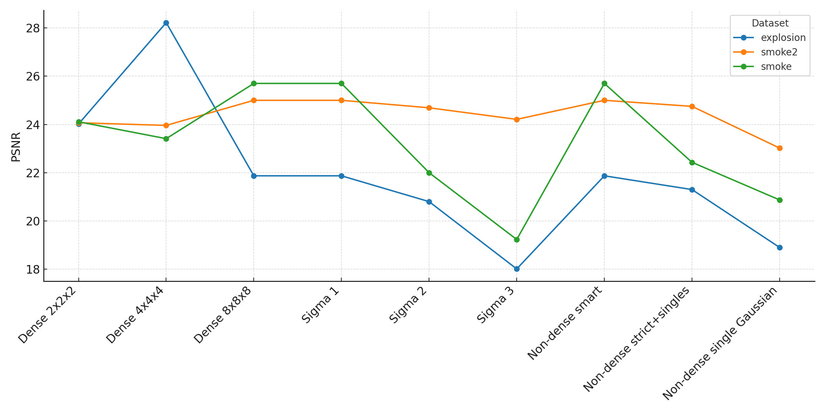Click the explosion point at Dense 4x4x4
(166, 23)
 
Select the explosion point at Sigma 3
(517, 269)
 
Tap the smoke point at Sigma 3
(517, 240)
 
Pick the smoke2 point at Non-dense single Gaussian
(780, 148)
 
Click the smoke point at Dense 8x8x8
(254, 83)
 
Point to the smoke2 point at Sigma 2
(429, 108)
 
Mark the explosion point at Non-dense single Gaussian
(780, 247)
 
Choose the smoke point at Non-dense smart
(604, 83)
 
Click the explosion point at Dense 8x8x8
(254, 176)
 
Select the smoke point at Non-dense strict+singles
(692, 162)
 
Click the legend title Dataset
(770, 23)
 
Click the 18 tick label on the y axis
(33, 269)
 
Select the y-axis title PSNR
(16, 147)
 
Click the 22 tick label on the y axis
(33, 173)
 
